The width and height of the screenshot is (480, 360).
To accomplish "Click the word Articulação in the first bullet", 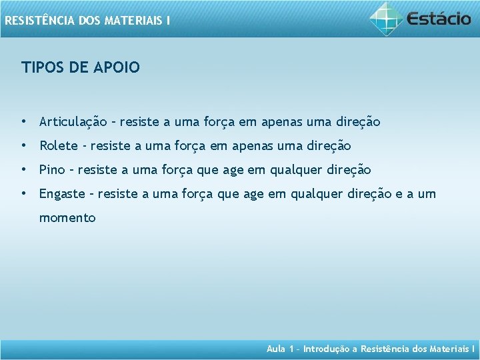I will (x=73, y=122).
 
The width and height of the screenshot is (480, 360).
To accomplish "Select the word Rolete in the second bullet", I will (x=59, y=146).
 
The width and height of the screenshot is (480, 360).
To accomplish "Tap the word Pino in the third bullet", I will (x=53, y=170).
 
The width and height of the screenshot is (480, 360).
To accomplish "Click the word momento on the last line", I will (x=67, y=218).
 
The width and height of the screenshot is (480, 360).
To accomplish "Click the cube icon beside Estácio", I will (x=387, y=18).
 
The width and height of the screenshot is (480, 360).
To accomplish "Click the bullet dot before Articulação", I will (x=23, y=122).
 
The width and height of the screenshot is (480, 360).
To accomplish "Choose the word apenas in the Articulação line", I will (x=281, y=122).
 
